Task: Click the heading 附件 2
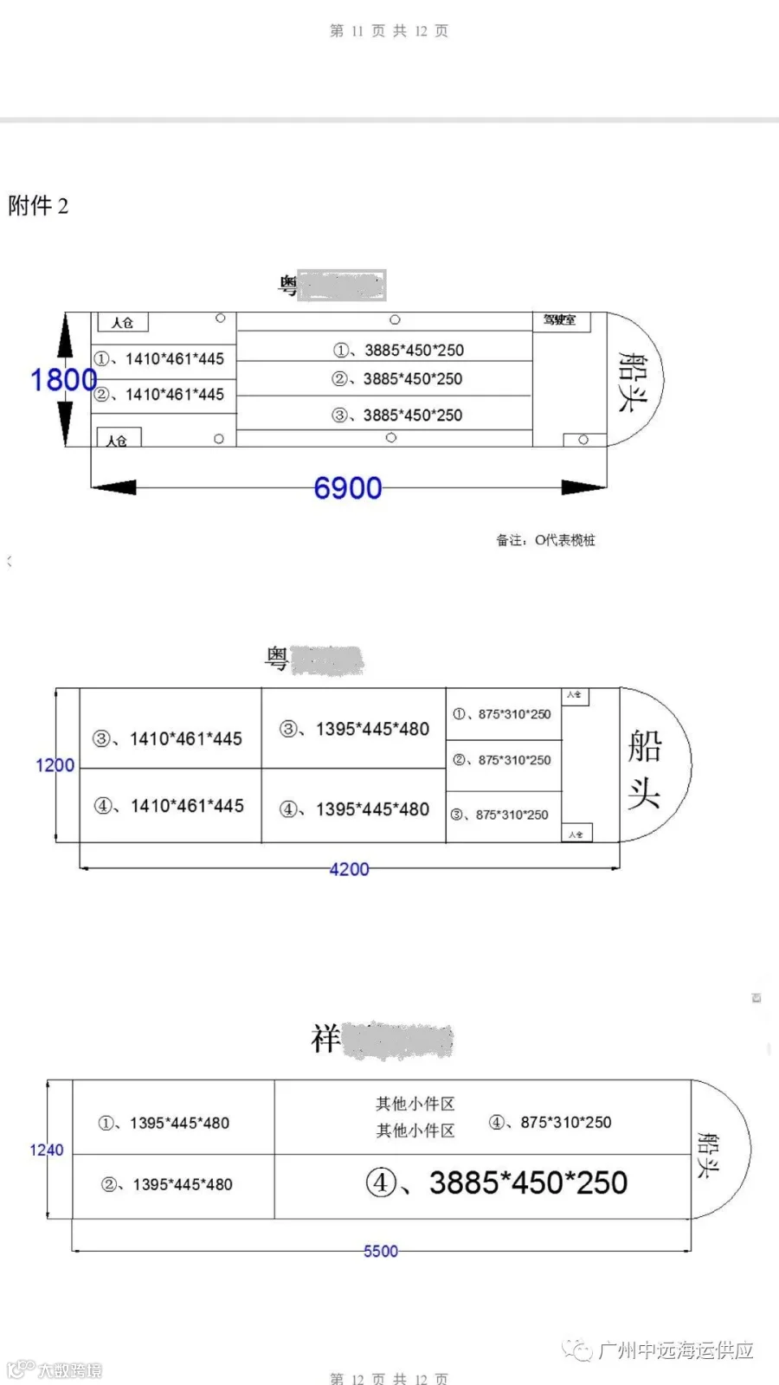(38, 206)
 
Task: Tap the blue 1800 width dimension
(63, 380)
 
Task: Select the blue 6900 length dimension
(347, 488)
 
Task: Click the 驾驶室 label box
(560, 320)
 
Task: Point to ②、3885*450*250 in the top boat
(397, 379)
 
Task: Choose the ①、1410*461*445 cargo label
(159, 358)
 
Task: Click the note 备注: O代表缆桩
(545, 540)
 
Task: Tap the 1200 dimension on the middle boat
(55, 765)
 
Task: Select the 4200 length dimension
(349, 869)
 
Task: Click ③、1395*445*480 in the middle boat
(354, 729)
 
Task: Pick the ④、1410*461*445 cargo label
(169, 806)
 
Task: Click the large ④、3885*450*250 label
(496, 1182)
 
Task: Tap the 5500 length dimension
(381, 1251)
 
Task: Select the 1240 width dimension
(47, 1150)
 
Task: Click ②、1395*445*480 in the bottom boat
(167, 1184)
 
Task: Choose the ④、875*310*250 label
(550, 1122)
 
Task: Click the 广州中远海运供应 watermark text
(675, 1350)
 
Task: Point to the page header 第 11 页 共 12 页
(389, 31)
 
